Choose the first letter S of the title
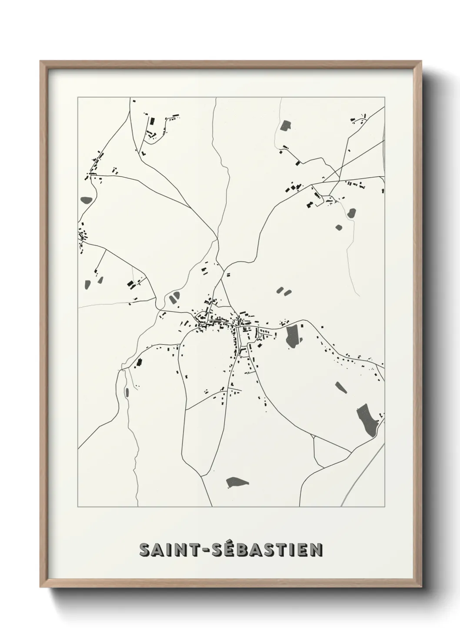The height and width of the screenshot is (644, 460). coord(144,550)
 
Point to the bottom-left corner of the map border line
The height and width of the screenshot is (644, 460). coord(78,507)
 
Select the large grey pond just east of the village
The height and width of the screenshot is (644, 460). coord(293,335)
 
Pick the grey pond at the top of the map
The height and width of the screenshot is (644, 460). coord(286,126)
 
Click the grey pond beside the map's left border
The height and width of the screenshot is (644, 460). coord(86,201)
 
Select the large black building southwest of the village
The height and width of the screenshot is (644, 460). coord(140,362)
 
